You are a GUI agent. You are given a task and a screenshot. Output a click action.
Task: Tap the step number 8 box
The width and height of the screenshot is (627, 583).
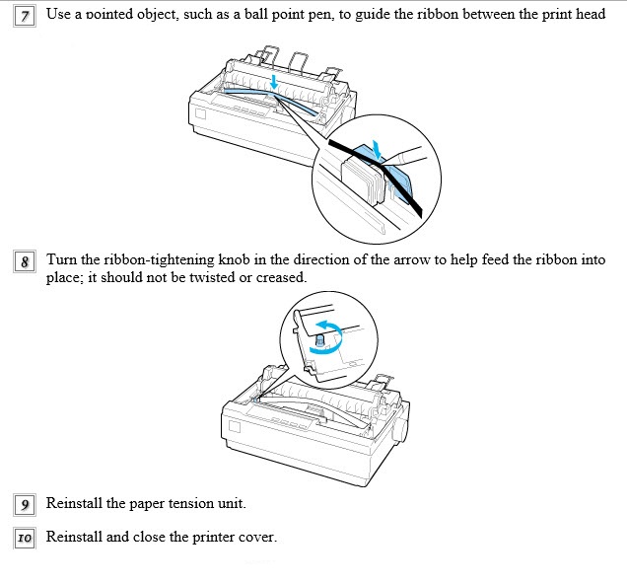pyautogui.click(x=26, y=262)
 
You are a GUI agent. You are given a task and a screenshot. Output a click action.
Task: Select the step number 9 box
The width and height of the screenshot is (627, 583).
pyautogui.click(x=26, y=505)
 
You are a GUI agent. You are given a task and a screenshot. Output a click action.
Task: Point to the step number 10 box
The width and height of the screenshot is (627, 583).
pyautogui.click(x=26, y=539)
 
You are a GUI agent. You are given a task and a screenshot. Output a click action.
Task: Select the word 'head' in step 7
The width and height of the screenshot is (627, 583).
pyautogui.click(x=590, y=17)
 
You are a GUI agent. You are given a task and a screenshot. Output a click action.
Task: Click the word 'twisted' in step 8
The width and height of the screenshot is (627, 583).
pyautogui.click(x=171, y=279)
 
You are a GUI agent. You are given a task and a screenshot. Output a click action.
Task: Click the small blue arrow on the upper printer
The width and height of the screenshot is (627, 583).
pyautogui.click(x=273, y=77)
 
